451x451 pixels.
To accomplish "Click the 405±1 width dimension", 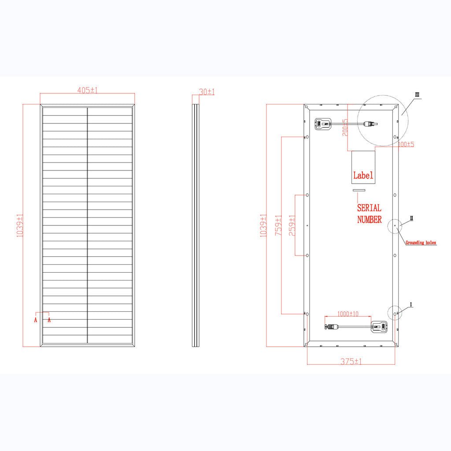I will point(87,90).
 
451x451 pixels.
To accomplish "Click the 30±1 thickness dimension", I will point(207,92).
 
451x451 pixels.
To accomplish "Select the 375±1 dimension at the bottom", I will point(351,361).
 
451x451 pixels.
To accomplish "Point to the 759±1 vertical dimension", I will point(278,225).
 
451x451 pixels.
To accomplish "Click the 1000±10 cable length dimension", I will point(347,314).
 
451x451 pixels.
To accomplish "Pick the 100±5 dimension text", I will point(406,144).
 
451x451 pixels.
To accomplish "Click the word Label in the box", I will point(363,175).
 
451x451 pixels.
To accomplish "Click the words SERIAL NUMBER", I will point(369,214).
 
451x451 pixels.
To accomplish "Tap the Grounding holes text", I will point(421,243).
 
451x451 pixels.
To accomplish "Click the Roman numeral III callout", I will point(418,94).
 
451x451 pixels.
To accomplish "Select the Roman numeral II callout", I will point(412,218).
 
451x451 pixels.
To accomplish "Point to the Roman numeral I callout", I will point(411,304).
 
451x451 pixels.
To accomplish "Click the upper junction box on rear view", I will point(322,124).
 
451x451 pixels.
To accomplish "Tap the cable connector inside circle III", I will point(370,124).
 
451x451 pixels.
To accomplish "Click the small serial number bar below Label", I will point(359,190).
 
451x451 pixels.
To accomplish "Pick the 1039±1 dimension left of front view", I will point(20,225).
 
